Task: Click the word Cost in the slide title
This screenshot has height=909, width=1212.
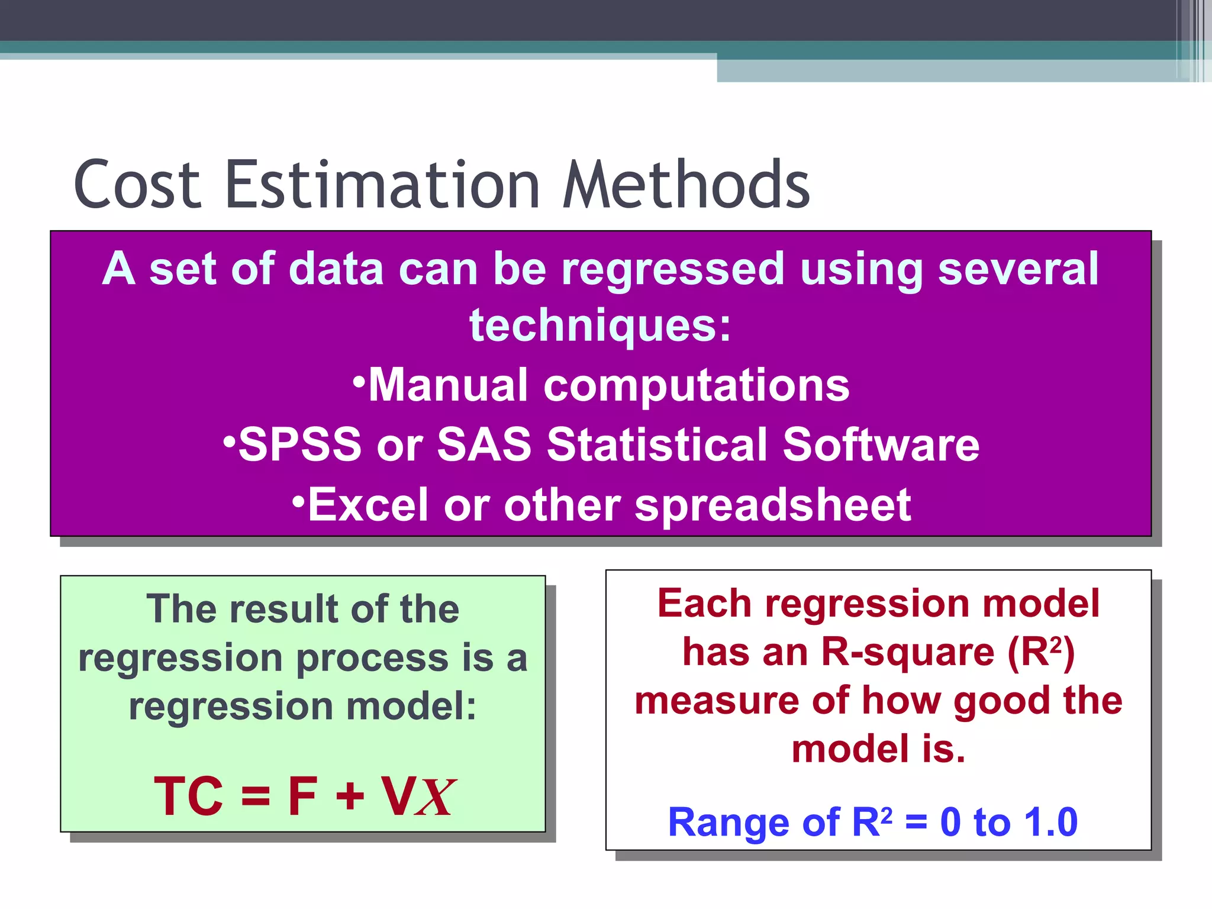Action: pyautogui.click(x=137, y=185)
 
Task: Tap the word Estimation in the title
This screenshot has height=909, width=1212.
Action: pyautogui.click(x=382, y=185)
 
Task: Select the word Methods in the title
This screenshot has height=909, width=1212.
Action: pyautogui.click(x=686, y=185)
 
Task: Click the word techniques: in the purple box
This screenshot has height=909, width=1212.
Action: pyautogui.click(x=600, y=326)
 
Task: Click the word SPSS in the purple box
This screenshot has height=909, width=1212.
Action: pyautogui.click(x=299, y=444)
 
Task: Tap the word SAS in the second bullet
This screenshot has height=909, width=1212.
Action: pyautogui.click(x=484, y=444)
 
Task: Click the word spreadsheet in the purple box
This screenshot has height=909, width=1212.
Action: pyautogui.click(x=772, y=506)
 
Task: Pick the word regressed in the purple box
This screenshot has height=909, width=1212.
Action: pyautogui.click(x=673, y=269)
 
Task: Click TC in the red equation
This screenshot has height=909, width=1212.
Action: pyautogui.click(x=188, y=797)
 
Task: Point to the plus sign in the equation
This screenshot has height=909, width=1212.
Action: pyautogui.click(x=350, y=797)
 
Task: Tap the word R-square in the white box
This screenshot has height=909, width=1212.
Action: pyautogui.click(x=907, y=653)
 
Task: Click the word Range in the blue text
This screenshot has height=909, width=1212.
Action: pyautogui.click(x=728, y=823)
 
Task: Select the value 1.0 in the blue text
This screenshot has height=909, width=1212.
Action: pyautogui.click(x=1050, y=823)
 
